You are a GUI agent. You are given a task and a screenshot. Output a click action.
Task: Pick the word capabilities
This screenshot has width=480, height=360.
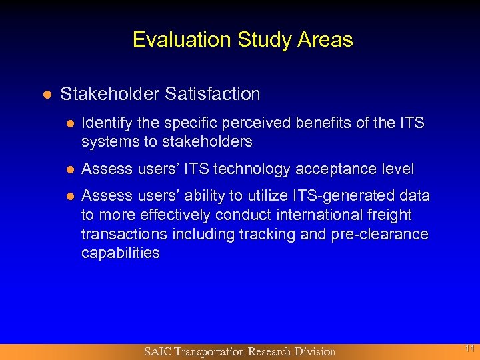[120, 253]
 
